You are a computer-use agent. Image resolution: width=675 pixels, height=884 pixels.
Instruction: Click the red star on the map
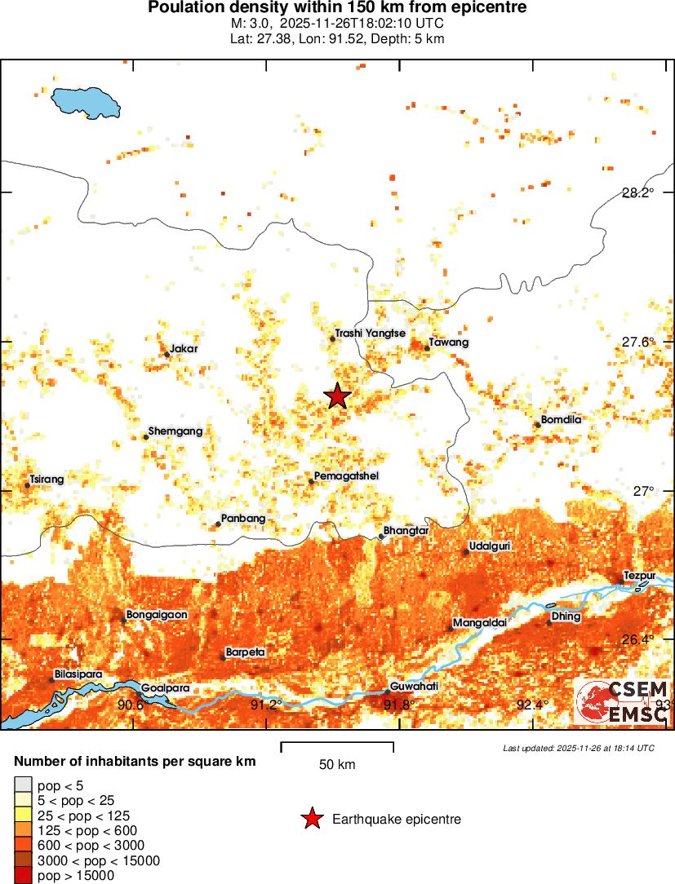tap(337, 396)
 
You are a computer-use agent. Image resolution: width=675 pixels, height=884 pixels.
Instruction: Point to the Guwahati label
tap(415, 687)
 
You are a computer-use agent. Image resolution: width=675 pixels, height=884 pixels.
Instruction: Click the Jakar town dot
tap(167, 354)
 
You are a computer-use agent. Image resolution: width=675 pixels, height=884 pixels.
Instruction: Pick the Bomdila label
tap(562, 420)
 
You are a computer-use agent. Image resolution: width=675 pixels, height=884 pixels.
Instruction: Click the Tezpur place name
tap(639, 575)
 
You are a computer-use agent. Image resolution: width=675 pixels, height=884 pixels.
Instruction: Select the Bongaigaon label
tap(157, 615)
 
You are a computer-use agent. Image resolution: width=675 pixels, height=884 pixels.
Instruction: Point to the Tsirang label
tap(47, 480)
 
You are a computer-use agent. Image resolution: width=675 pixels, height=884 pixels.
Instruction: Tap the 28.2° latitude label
tap(637, 193)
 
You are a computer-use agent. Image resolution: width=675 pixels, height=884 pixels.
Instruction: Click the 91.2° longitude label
tap(266, 705)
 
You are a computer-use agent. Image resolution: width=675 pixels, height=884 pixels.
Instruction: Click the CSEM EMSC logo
tap(623, 701)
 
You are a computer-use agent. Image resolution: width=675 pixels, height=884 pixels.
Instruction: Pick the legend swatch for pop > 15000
tap(24, 876)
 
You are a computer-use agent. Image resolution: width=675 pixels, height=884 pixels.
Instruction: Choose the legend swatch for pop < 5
tap(24, 786)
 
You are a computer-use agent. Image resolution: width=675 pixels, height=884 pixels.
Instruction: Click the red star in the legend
tap(311, 819)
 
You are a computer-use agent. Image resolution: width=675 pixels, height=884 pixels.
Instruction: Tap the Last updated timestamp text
tap(579, 748)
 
